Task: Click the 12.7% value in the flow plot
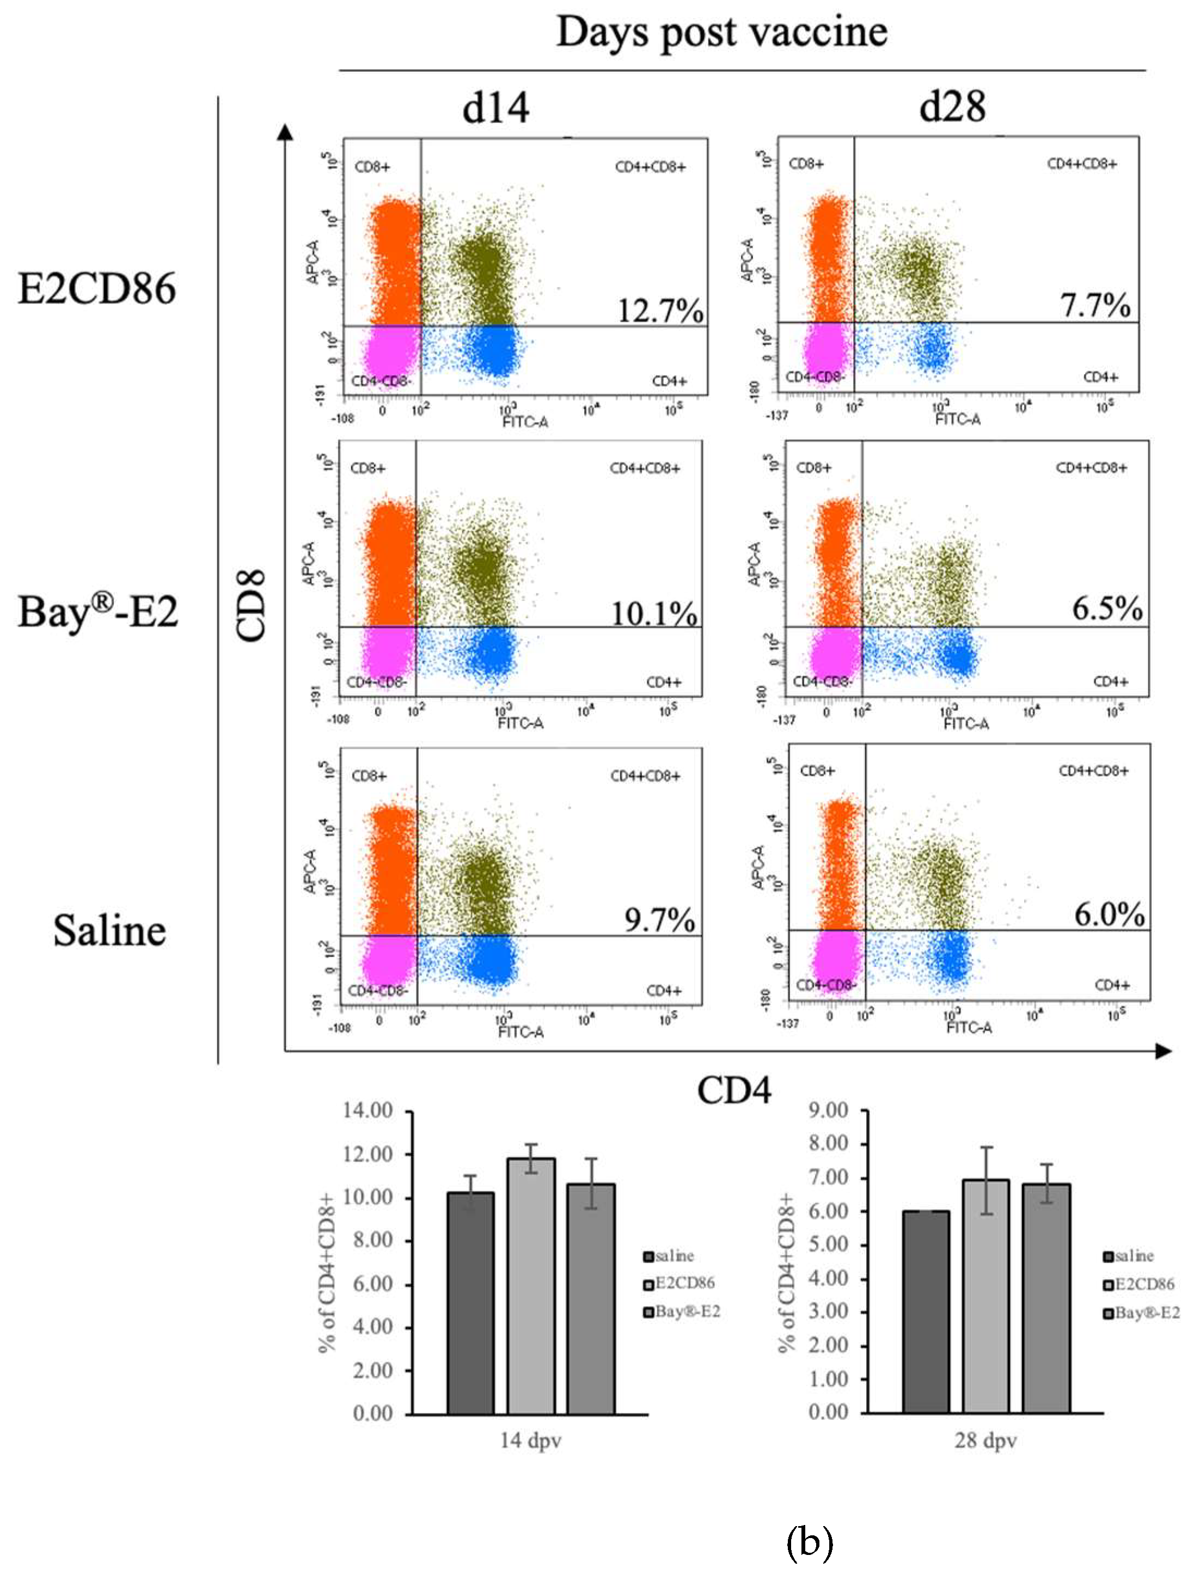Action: point(660,311)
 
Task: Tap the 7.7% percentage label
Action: point(1095,306)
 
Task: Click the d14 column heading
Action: point(495,108)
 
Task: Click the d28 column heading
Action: point(953,108)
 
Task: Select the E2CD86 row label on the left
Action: point(96,289)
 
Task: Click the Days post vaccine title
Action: point(721,32)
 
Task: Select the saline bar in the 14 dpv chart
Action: point(470,1303)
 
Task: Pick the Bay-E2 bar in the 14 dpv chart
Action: point(591,1299)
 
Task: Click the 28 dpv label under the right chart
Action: point(985,1440)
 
